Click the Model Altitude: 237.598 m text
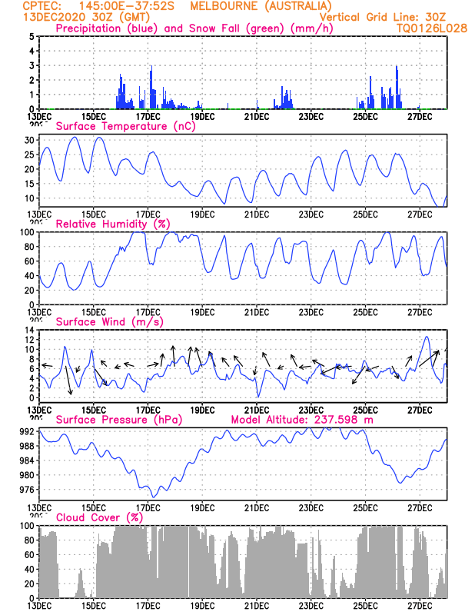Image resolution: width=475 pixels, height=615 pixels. (302, 420)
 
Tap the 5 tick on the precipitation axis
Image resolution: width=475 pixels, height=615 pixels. (32, 36)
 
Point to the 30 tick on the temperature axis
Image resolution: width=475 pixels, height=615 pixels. (28, 141)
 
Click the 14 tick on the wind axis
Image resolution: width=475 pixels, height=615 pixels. (28, 330)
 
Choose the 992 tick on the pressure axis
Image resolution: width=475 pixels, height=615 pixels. (26, 431)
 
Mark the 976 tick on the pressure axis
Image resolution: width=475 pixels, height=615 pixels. (26, 490)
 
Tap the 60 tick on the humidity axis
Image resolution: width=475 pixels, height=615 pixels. (28, 261)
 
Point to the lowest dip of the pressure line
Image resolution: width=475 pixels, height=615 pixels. (154, 497)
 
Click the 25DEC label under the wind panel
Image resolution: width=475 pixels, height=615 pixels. (365, 410)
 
